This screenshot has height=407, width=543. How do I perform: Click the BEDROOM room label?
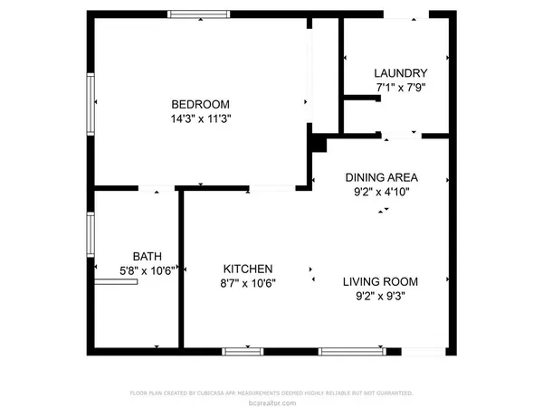202,103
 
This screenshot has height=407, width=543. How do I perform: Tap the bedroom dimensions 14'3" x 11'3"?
202,118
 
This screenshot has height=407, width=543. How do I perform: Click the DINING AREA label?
381,177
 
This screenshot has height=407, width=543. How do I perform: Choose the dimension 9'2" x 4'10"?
381,192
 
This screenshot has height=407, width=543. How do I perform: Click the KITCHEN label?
249,269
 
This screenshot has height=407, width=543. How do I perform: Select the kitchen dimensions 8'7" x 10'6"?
249,282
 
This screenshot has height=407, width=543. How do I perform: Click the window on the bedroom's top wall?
199,14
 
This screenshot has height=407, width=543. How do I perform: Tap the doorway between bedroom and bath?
157,188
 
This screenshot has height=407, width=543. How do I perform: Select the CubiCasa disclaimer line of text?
271,393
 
